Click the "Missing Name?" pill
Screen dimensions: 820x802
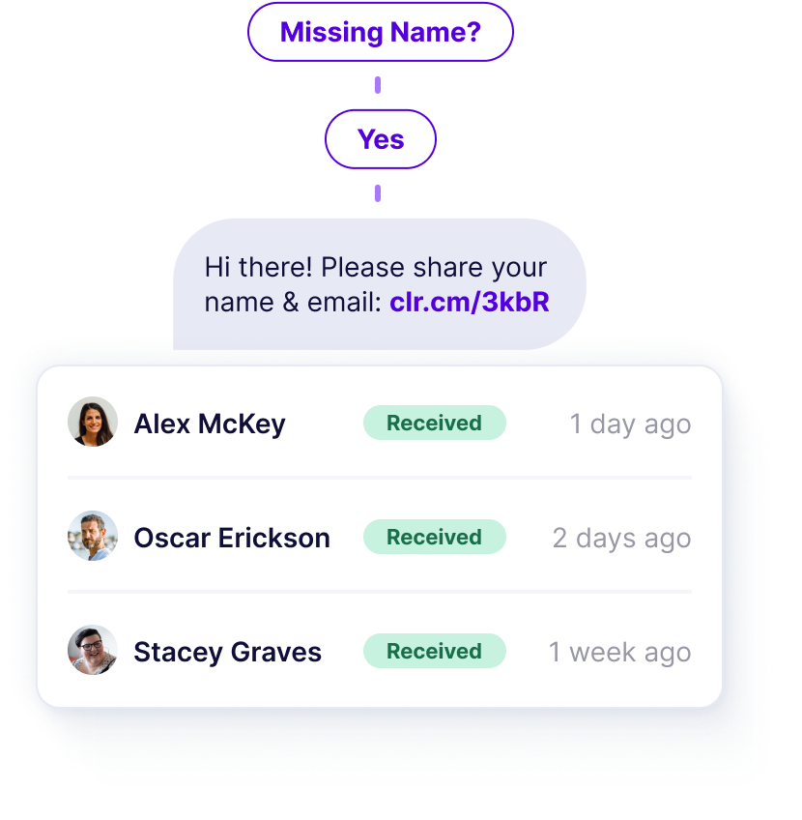point(380,32)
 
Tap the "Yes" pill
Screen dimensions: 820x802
point(381,139)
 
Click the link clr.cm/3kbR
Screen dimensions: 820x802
point(470,302)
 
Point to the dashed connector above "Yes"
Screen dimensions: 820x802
point(378,86)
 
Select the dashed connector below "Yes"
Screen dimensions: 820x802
point(378,192)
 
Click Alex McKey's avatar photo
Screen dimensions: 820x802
point(93,423)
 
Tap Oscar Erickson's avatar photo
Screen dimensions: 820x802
point(93,537)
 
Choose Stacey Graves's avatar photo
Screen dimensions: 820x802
point(93,651)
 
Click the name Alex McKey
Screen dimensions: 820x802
point(209,424)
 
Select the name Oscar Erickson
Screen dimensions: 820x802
point(232,538)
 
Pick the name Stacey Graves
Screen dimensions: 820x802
point(227,652)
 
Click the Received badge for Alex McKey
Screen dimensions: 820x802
point(434,423)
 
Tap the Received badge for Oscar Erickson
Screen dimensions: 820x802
point(434,537)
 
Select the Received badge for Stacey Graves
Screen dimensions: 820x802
point(434,651)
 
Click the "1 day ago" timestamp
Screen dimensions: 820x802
point(630,424)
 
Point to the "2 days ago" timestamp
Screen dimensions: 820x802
point(621,538)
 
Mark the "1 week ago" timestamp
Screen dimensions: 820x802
point(620,652)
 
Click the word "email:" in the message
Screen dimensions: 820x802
point(345,302)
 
